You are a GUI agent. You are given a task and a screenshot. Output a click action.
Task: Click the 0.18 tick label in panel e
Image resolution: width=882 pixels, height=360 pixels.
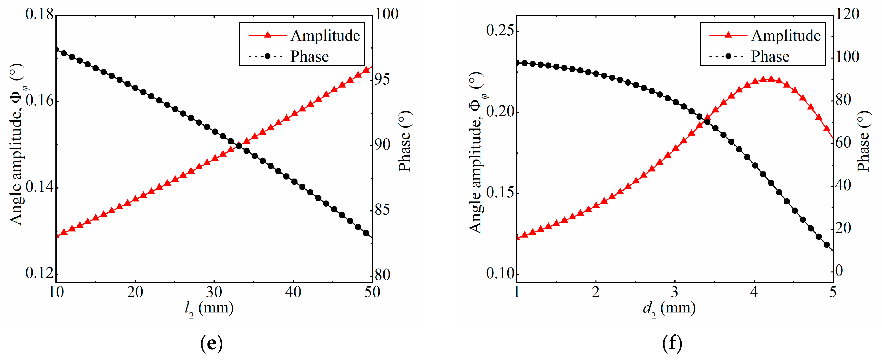[39, 14]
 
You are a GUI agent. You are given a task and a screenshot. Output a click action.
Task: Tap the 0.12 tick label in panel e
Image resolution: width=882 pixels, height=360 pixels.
[39, 273]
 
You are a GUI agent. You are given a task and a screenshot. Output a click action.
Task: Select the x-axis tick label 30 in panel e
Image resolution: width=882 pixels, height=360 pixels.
[214, 292]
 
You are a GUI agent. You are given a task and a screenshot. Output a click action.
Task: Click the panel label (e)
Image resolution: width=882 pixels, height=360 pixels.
[211, 343]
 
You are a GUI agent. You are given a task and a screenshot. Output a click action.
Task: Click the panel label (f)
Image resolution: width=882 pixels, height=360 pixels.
[672, 343]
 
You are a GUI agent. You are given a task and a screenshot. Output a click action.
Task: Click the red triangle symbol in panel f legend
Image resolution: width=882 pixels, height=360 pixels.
[728, 35]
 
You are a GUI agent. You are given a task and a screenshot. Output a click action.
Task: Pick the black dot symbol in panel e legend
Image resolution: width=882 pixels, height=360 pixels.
[267, 56]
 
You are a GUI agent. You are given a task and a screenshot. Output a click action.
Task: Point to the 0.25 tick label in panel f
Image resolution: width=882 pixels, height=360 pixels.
[500, 30]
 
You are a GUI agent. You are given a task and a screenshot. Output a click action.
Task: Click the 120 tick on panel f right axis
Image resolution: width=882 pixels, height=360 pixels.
[847, 14]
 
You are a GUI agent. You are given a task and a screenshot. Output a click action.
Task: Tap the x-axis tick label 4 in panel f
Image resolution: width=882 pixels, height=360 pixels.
[754, 292]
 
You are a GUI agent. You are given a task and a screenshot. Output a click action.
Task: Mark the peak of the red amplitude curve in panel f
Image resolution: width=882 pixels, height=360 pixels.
[767, 79]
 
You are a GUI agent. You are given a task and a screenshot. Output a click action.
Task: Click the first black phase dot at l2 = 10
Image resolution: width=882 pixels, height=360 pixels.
[56, 50]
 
